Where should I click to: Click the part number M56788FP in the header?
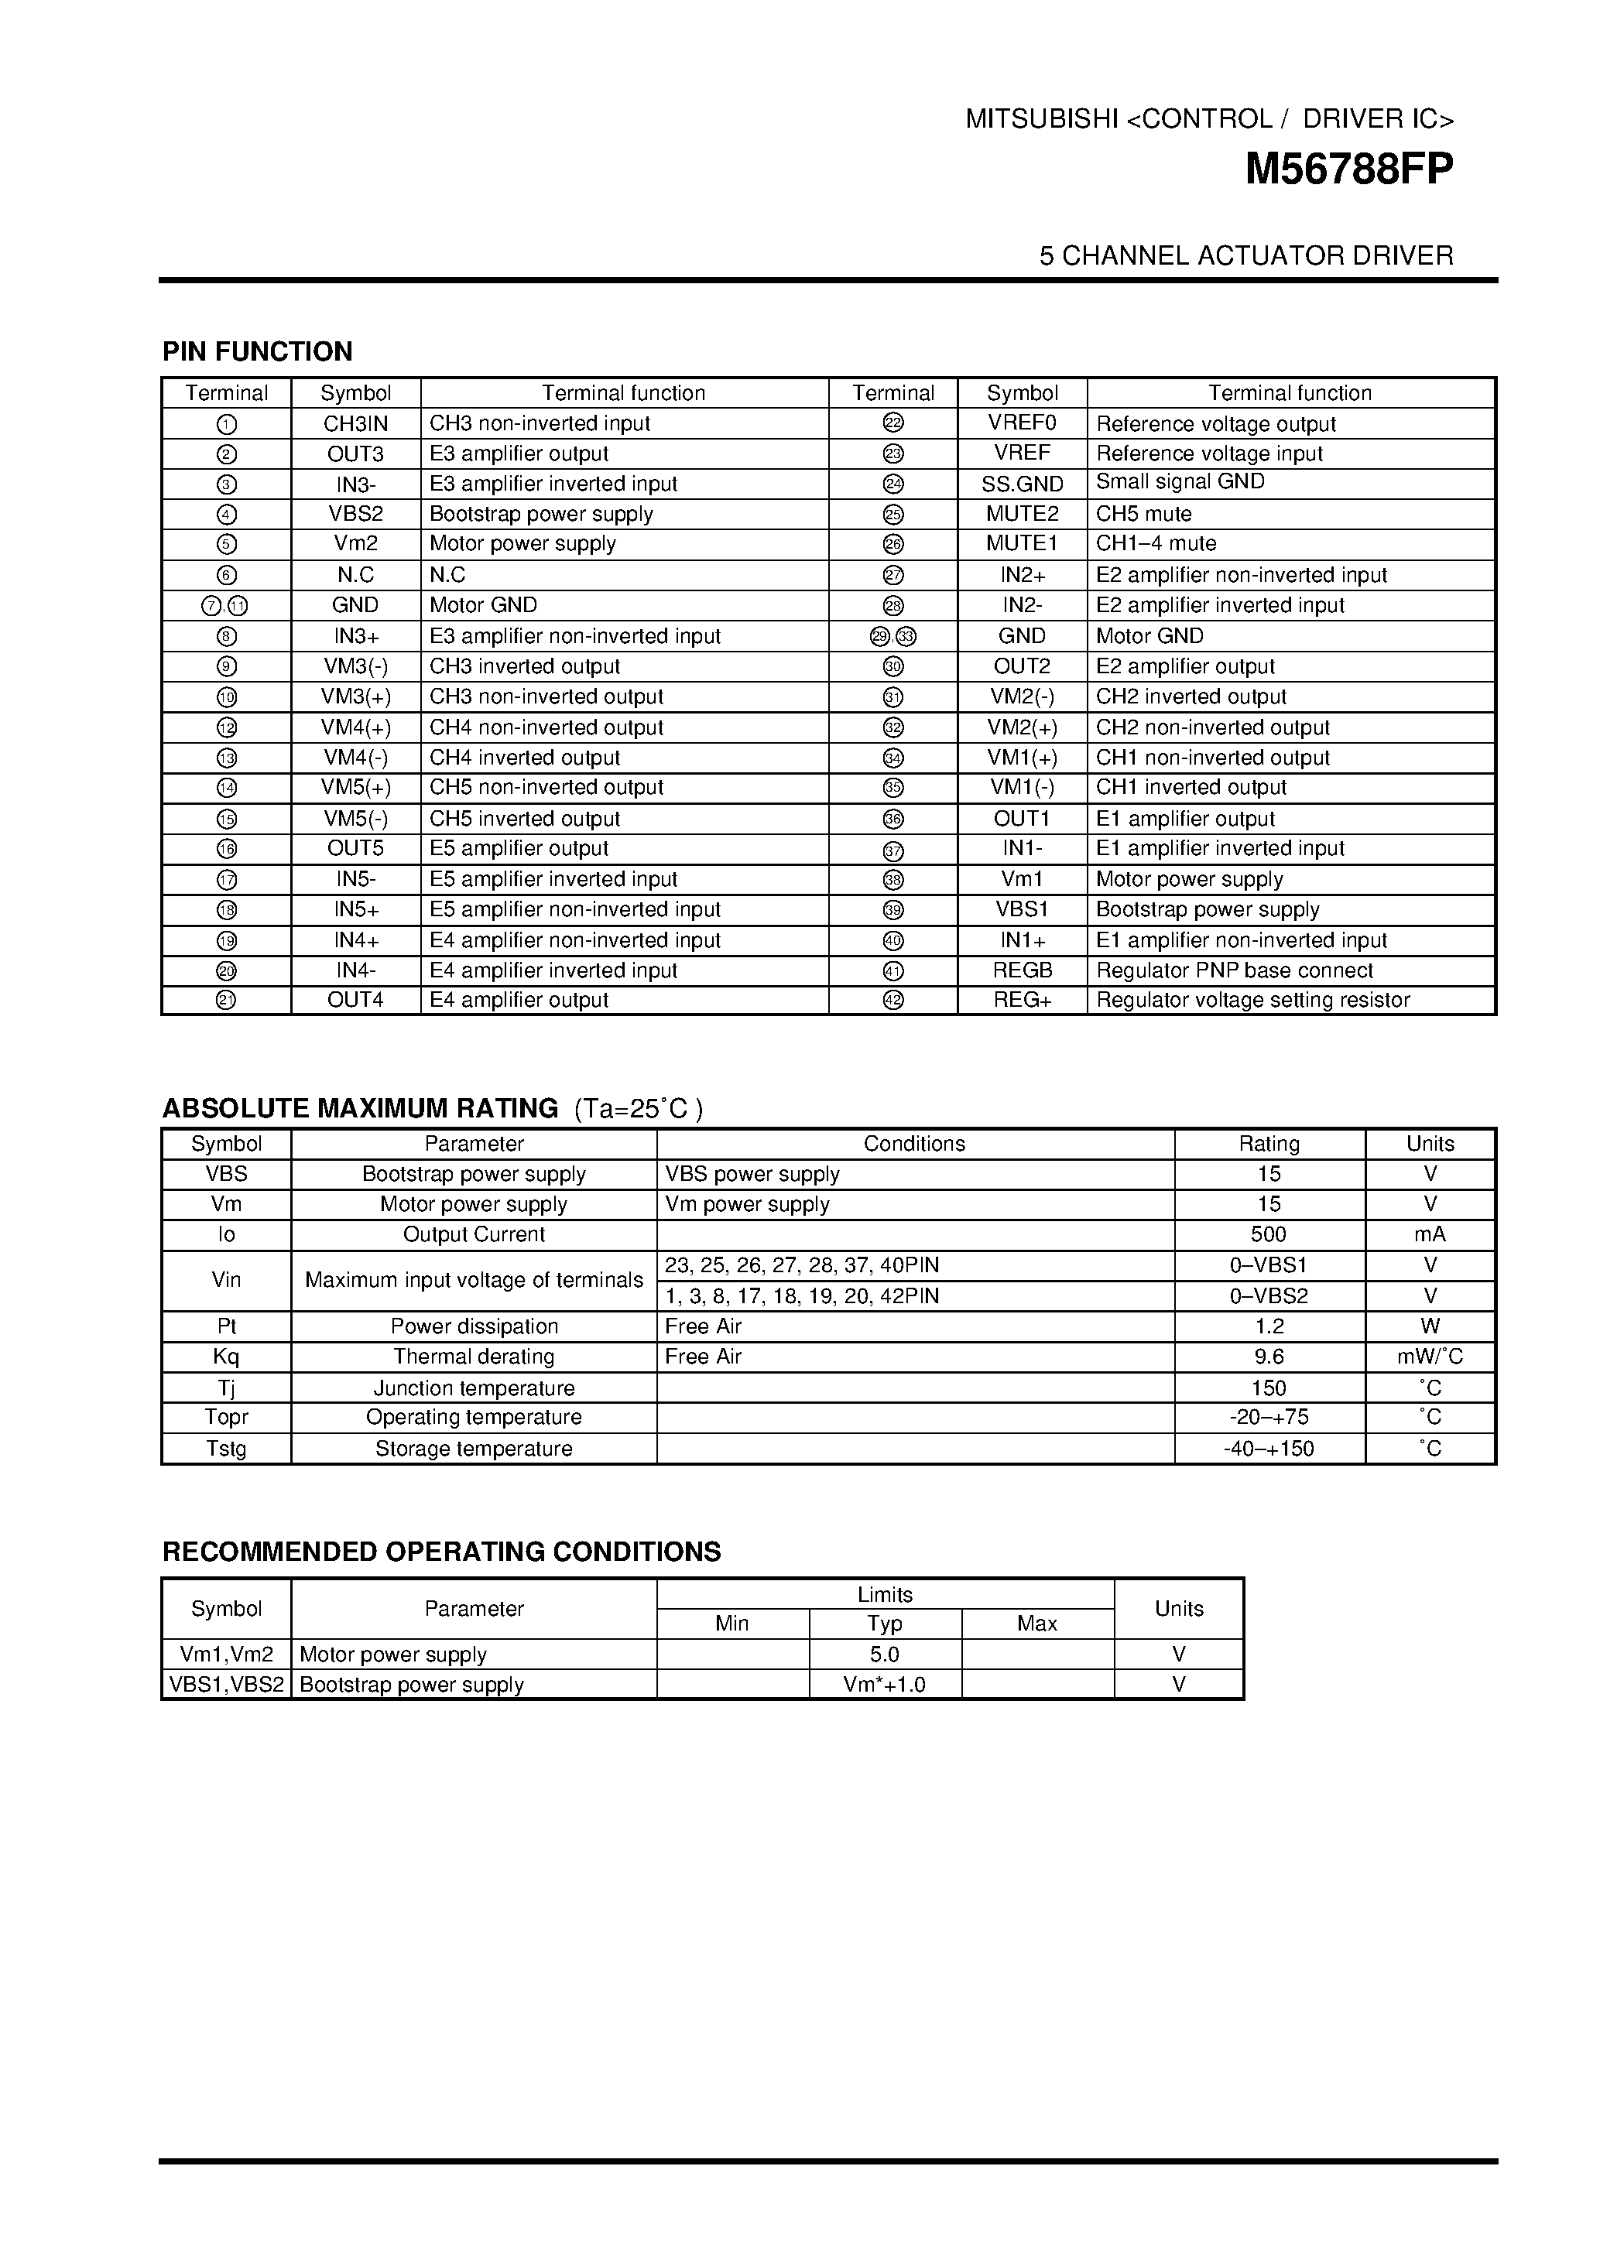[1348, 169]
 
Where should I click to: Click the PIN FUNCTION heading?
[257, 351]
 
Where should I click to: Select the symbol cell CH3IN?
[355, 423]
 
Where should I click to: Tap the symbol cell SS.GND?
[1022, 484]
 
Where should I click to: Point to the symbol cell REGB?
[1022, 970]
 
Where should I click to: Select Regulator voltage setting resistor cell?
[1252, 1000]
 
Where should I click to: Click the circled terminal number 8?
[225, 636]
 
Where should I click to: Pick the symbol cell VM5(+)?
[355, 787]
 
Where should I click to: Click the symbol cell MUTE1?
[1022, 544]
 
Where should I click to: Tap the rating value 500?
[1268, 1234]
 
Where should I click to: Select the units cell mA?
[1429, 1234]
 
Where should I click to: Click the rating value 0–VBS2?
[1268, 1295]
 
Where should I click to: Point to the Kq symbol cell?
[225, 1357]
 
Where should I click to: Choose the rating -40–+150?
[1268, 1448]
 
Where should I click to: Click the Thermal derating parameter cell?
[473, 1357]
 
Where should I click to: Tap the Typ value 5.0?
[884, 1655]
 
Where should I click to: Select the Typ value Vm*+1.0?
[884, 1685]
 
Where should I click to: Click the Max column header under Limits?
[1036, 1624]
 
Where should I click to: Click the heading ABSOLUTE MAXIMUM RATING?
[360, 1108]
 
